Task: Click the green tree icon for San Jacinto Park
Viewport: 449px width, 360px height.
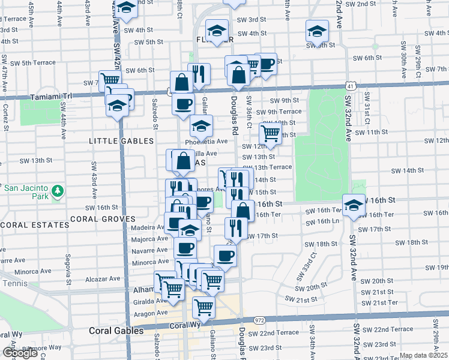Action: pos(58,191)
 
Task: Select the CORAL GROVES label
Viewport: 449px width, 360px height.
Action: pos(98,218)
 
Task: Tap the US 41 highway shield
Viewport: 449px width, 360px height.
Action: pos(350,86)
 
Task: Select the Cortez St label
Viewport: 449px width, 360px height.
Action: pos(5,116)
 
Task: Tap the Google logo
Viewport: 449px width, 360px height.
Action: pos(20,353)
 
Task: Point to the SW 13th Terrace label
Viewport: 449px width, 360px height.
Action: pos(273,167)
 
